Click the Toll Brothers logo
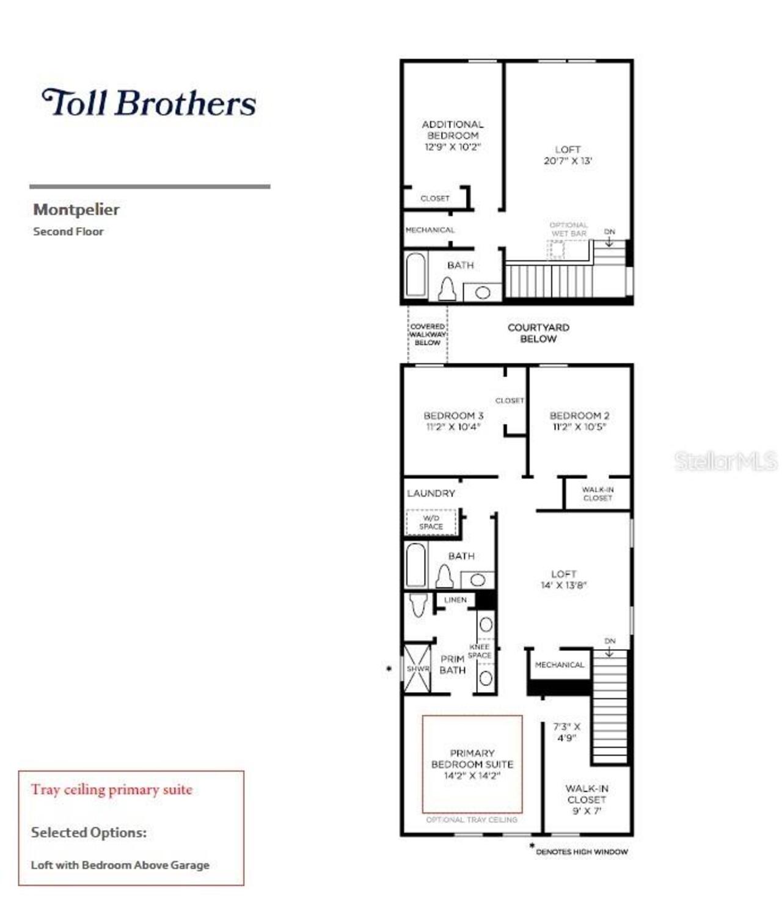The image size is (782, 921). click(x=148, y=103)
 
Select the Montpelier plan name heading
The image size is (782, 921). click(x=76, y=209)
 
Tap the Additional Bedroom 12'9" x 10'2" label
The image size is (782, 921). click(x=452, y=136)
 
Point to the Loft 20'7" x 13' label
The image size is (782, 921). click(x=568, y=155)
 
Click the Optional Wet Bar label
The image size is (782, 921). click(x=568, y=229)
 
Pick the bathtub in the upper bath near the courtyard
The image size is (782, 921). click(x=415, y=275)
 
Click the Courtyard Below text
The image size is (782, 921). click(x=538, y=333)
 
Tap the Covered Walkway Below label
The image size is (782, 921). click(x=428, y=335)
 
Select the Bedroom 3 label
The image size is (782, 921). click(x=453, y=421)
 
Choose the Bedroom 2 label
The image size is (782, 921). click(x=579, y=421)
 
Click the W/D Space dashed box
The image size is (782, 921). click(x=431, y=522)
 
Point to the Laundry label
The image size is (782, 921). click(x=431, y=493)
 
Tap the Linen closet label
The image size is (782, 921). click(x=455, y=600)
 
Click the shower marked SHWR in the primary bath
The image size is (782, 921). click(x=417, y=668)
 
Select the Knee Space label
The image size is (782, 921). click(x=480, y=651)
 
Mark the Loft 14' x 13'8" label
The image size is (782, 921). click(x=563, y=579)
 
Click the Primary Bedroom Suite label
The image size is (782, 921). click(x=472, y=764)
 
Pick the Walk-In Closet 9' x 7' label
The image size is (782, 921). click(x=586, y=799)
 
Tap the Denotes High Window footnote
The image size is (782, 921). click(x=581, y=851)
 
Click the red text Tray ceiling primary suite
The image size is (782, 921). click(x=112, y=790)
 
